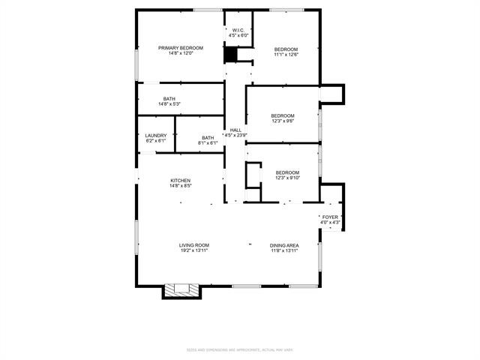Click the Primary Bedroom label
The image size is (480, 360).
coord(180,48)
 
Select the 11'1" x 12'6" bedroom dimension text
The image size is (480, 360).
coord(286,54)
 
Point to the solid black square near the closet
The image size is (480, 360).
coord(231,55)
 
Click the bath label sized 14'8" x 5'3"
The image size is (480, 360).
coord(169,99)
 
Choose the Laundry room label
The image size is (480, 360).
coord(155,136)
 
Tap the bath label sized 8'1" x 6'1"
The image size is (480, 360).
coord(208,137)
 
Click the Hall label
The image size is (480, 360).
coord(235,130)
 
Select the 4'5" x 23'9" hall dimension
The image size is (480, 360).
coord(235,136)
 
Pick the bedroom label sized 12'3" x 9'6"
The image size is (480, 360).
coord(282,115)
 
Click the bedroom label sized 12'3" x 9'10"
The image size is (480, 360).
coord(286,172)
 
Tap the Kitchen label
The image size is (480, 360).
coord(180,181)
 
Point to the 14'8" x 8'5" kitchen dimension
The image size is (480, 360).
coord(180,186)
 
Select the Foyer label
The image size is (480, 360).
coord(330,217)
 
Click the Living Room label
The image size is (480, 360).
coord(193,245)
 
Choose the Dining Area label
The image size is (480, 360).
coord(284,245)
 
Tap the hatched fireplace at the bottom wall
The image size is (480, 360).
coord(180,290)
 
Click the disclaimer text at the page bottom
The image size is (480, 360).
coord(240,349)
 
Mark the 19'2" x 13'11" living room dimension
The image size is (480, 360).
coord(193,250)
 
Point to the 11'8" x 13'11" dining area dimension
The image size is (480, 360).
coord(284,250)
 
